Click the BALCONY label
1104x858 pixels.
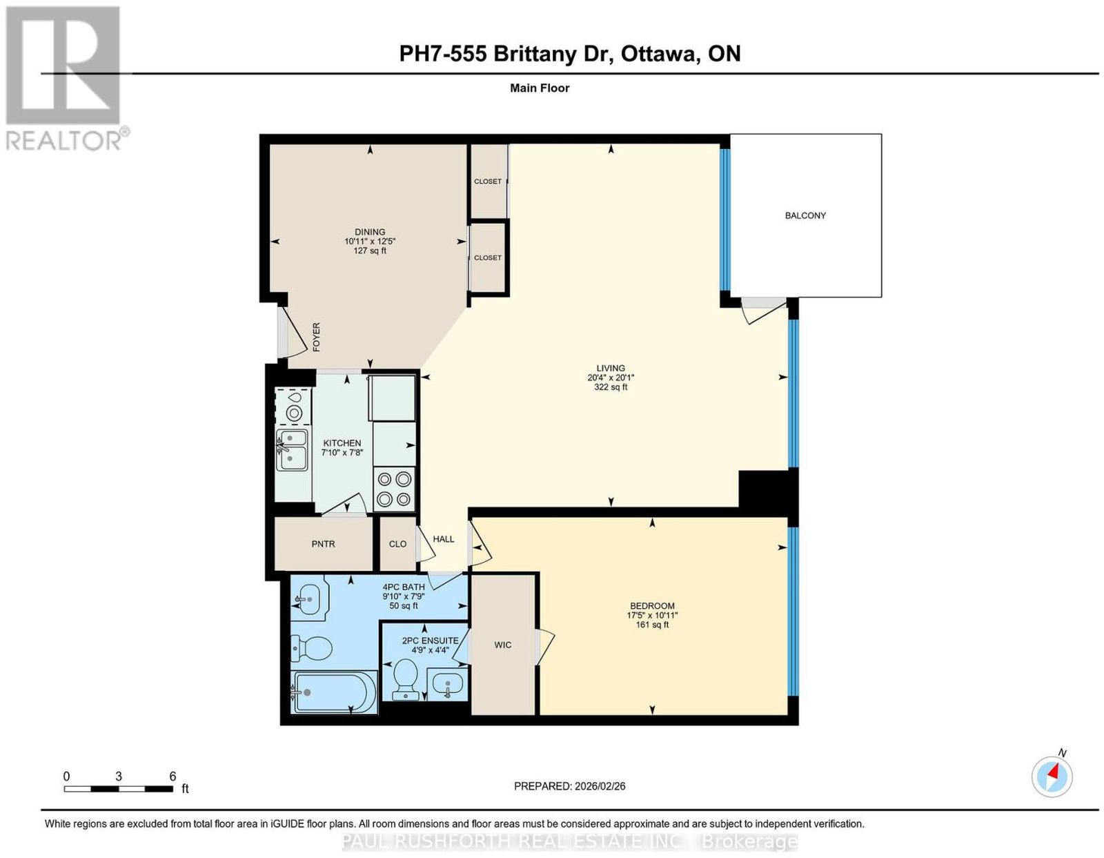click(x=805, y=215)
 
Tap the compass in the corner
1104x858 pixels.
click(x=1052, y=776)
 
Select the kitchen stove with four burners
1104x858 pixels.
click(x=394, y=489)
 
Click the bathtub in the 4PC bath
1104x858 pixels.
click(x=334, y=692)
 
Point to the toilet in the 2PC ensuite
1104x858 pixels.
click(x=406, y=679)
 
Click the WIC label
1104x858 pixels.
click(x=502, y=645)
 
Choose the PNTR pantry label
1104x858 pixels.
click(x=323, y=543)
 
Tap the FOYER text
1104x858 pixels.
click(x=316, y=337)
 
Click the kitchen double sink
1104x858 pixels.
click(x=292, y=450)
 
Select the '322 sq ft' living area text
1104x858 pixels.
click(x=610, y=387)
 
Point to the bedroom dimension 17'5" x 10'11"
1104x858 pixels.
click(x=652, y=615)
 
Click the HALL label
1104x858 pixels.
click(x=444, y=539)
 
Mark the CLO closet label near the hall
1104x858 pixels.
click(x=397, y=543)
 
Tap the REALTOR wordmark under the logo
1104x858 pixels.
click(x=64, y=141)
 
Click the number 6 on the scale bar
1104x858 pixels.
click(x=172, y=776)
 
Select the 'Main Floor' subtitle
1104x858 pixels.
click(x=540, y=88)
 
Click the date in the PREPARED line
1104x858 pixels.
click(x=600, y=786)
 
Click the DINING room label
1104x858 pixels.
click(x=370, y=232)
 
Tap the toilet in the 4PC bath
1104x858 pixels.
click(x=311, y=648)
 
